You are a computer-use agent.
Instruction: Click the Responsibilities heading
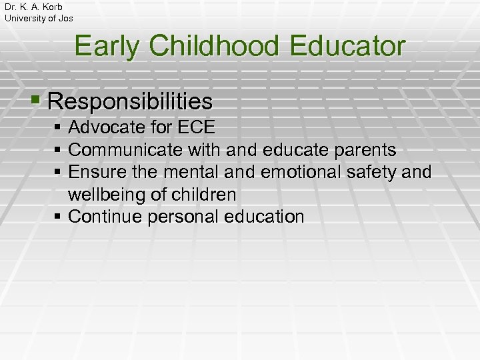point(131,102)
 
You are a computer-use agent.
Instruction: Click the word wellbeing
point(105,195)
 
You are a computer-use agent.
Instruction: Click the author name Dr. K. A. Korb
point(33,7)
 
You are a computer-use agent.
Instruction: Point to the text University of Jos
point(39,18)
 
